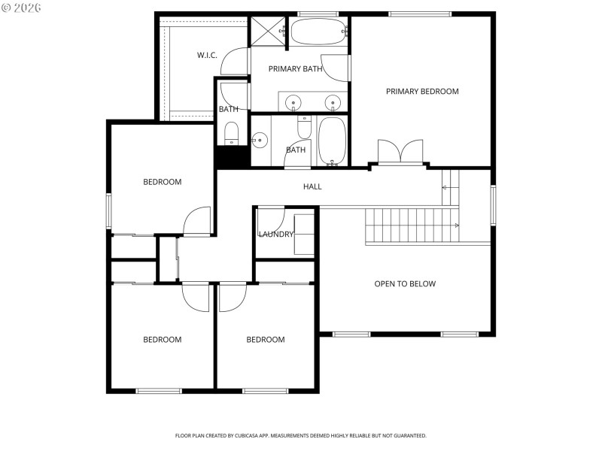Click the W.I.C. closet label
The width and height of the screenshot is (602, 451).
(x=207, y=55)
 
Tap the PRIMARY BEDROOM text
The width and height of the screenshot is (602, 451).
(x=422, y=92)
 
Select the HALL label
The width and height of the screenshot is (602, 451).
(x=312, y=186)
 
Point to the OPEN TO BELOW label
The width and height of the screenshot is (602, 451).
(x=405, y=284)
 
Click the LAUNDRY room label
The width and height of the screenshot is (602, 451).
(x=275, y=235)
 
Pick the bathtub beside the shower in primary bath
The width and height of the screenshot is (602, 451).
(x=318, y=32)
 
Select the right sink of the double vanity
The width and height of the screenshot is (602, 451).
(x=332, y=101)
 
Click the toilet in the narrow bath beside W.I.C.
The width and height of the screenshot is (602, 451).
(x=232, y=133)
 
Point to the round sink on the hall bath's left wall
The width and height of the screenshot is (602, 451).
(x=260, y=140)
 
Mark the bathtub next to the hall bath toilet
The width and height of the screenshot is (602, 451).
(x=332, y=141)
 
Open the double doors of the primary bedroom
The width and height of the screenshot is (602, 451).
(x=400, y=152)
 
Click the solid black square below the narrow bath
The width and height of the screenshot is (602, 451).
(x=232, y=157)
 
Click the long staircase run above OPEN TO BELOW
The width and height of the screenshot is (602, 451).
(x=410, y=225)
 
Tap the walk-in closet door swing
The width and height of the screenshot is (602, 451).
(x=237, y=62)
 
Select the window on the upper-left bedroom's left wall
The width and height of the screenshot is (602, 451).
(x=108, y=210)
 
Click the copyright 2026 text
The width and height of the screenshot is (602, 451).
(x=22, y=8)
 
